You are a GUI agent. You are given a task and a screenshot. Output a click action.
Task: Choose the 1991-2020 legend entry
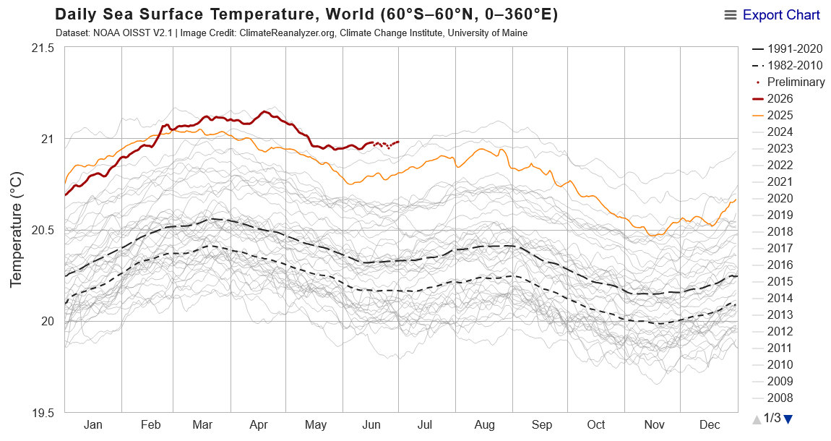(x=787, y=48)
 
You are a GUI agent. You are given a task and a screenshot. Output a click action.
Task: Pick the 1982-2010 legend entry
(x=787, y=65)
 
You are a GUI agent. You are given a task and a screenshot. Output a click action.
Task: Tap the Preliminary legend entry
(x=790, y=82)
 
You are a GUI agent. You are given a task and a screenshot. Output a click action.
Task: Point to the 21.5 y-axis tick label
(x=43, y=48)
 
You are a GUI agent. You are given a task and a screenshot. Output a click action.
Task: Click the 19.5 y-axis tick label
(x=43, y=413)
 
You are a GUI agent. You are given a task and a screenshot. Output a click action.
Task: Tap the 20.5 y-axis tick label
(x=43, y=231)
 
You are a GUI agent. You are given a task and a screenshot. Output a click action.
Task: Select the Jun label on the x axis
(x=371, y=424)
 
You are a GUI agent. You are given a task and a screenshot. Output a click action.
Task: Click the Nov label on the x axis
(x=654, y=424)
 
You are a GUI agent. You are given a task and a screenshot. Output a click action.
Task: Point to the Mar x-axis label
(x=202, y=424)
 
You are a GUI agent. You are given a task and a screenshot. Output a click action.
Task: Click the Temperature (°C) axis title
(x=16, y=229)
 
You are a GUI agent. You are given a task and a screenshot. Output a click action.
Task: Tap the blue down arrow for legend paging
(x=788, y=419)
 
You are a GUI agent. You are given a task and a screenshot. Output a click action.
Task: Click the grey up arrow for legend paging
(x=757, y=419)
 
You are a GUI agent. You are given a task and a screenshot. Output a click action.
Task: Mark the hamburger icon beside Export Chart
(x=731, y=15)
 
